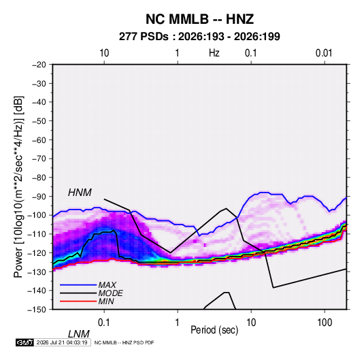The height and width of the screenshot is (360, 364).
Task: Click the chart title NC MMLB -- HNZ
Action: tap(199, 19)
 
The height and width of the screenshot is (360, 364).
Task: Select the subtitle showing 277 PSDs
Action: tap(199, 37)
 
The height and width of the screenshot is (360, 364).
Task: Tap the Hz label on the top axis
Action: tap(214, 53)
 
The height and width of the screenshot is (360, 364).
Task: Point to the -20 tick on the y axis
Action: tap(39, 65)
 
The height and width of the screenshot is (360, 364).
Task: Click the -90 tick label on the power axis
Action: tap(39, 196)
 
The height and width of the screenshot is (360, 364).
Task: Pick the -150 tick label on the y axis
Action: tap(37, 310)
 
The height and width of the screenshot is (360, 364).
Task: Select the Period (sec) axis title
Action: tap(214, 330)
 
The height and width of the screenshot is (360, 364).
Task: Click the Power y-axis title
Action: tap(18, 187)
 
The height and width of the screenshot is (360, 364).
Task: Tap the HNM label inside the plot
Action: tap(80, 193)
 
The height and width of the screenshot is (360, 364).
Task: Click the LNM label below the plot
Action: tap(78, 334)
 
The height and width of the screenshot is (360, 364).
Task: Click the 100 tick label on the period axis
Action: tap(325, 323)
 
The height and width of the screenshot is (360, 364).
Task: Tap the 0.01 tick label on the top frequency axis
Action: tap(324, 53)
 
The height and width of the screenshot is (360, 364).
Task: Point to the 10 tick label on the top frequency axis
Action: tap(104, 53)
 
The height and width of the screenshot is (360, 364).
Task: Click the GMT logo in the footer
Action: tap(25, 342)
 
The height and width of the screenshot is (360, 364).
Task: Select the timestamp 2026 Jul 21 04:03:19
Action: tap(62, 342)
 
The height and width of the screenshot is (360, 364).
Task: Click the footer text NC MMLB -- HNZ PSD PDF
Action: tap(124, 342)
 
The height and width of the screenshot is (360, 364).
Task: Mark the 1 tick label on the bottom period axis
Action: tap(177, 323)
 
